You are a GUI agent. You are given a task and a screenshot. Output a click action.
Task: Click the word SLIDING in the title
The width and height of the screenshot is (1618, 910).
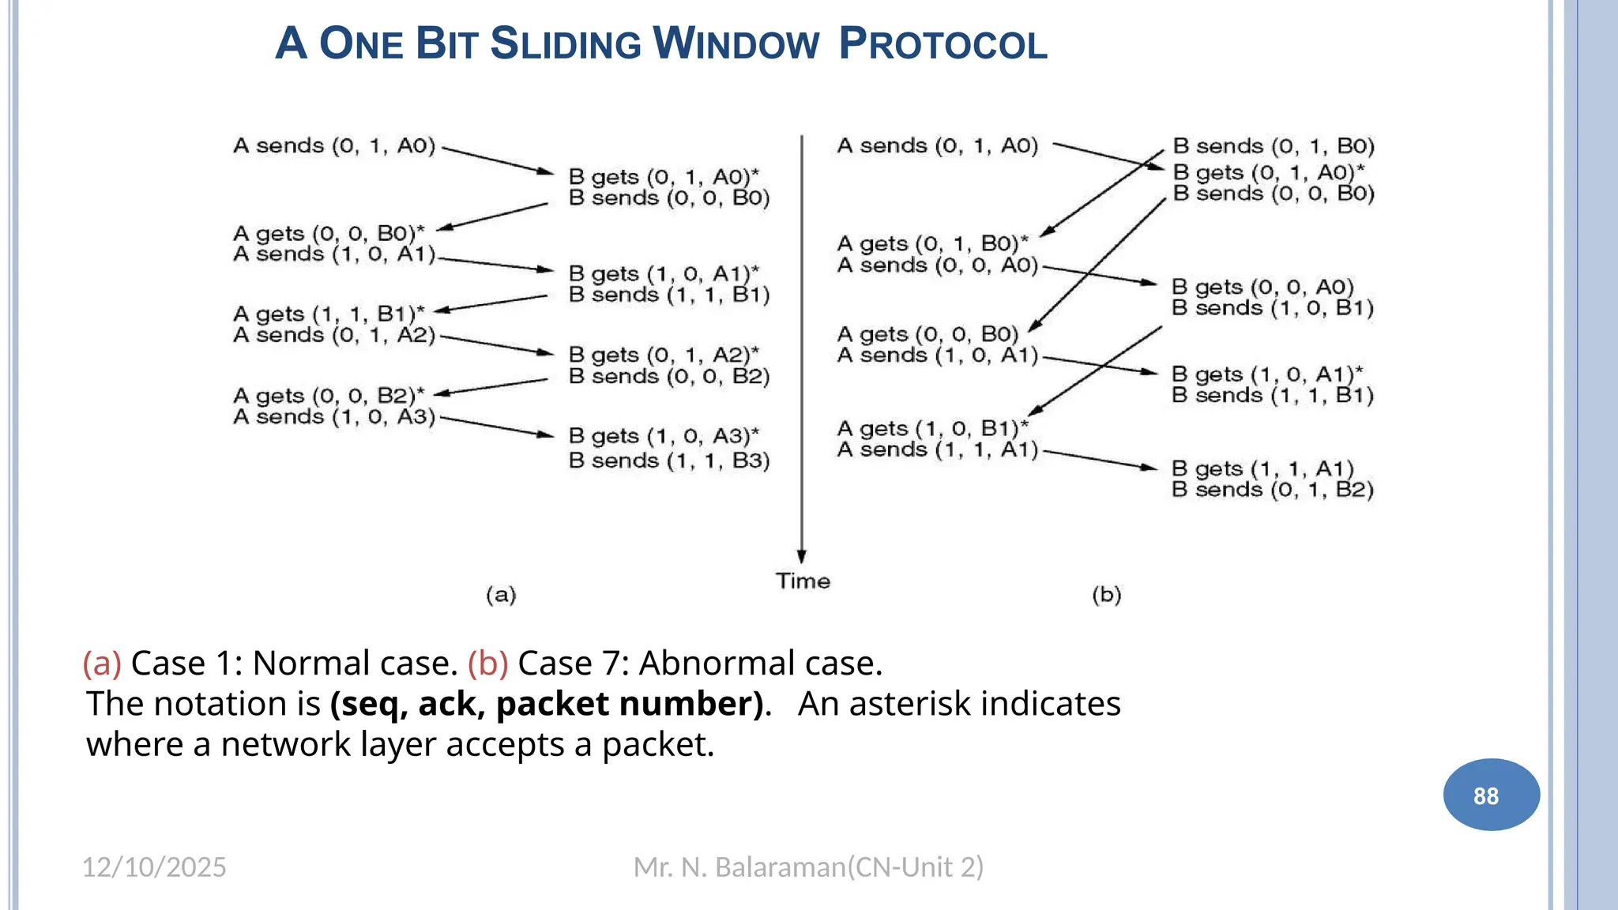coord(566,44)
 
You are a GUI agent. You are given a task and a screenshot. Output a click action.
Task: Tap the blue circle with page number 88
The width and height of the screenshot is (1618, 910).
coord(1491,795)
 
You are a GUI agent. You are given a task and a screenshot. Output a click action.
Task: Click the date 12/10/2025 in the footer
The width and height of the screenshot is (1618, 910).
coord(154,867)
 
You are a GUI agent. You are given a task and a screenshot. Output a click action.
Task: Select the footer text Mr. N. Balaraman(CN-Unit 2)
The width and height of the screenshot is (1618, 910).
coord(808,867)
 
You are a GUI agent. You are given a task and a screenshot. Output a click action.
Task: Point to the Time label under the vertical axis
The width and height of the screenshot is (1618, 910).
coord(803,581)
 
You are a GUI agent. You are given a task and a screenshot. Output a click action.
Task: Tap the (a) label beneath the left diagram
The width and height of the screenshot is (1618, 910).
coord(501,595)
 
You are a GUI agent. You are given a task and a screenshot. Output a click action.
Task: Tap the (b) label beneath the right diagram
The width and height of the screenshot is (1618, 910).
coord(1106,595)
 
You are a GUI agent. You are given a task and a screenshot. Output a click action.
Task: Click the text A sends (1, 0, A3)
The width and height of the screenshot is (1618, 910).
coord(334,416)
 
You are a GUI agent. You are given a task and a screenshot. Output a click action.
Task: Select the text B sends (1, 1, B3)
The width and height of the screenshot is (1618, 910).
coord(668,461)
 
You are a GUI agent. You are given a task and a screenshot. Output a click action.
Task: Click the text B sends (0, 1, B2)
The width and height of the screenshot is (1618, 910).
coord(1272,490)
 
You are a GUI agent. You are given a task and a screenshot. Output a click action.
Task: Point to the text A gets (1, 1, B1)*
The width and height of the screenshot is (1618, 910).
coord(329,314)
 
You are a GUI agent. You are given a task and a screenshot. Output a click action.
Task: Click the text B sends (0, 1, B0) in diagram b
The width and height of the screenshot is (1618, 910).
coord(1274,146)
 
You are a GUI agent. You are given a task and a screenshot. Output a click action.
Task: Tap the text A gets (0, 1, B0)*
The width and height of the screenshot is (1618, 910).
coord(932,243)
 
